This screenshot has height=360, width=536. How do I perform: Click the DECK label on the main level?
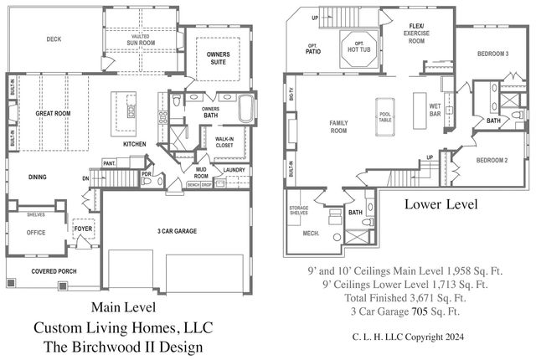pyautogui.click(x=54, y=39)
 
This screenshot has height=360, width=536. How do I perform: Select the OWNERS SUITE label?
pyautogui.click(x=218, y=58)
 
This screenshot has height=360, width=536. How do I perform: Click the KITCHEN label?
pyautogui.click(x=135, y=144)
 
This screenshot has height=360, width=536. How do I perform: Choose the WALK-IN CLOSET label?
pyautogui.click(x=224, y=142)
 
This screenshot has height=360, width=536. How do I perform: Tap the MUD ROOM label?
pyautogui.click(x=202, y=174)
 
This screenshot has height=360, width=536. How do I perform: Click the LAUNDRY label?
pyautogui.click(x=234, y=170)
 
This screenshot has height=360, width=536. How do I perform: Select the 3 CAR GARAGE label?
pyautogui.click(x=177, y=231)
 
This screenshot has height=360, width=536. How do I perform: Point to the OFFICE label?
pyautogui.click(x=36, y=233)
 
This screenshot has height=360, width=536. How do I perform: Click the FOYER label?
pyautogui.click(x=83, y=228)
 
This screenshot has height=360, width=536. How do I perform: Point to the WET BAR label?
pyautogui.click(x=435, y=108)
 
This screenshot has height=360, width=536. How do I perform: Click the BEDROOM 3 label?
pyautogui.click(x=493, y=54)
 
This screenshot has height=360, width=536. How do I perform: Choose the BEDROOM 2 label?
pyautogui.click(x=493, y=160)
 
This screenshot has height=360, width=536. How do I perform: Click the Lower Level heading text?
pyautogui.click(x=441, y=203)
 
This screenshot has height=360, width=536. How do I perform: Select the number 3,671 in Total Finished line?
pyautogui.click(x=414, y=296)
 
